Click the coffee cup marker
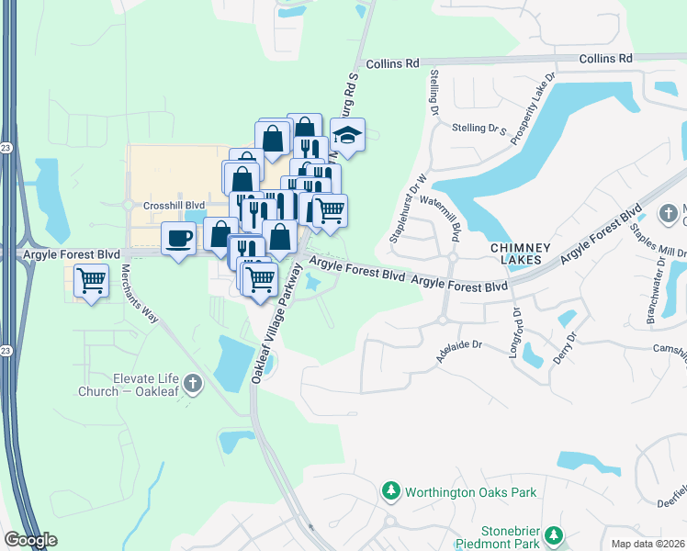pyautogui.click(x=179, y=239)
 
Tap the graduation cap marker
pyautogui.click(x=347, y=136)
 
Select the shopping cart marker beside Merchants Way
pyautogui.click(x=91, y=281)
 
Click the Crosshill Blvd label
pyautogui.click(x=173, y=206)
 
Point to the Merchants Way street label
pyautogui.click(x=141, y=294)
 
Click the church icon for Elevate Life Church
pyautogui.click(x=192, y=384)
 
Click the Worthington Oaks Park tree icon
pyautogui.click(x=391, y=492)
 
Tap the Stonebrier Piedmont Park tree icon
pyautogui.click(x=553, y=534)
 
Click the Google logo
pyautogui.click(x=31, y=541)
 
